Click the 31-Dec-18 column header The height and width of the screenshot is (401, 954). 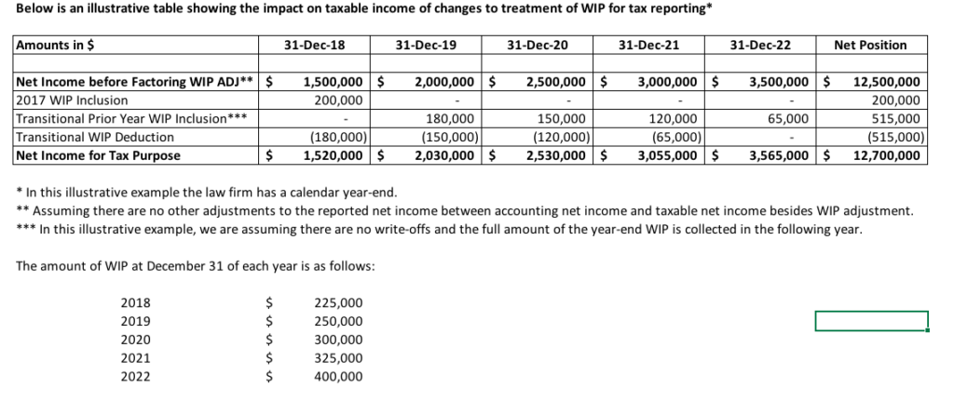[314, 45]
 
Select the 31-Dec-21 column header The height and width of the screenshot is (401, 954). [649, 45]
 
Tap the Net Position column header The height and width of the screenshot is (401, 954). [870, 45]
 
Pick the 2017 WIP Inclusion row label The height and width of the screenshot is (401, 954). [73, 100]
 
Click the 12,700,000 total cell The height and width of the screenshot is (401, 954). [887, 155]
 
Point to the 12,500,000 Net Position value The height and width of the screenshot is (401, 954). [887, 81]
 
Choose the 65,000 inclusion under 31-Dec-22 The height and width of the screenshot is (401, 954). [788, 118]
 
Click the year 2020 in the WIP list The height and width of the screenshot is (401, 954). [136, 340]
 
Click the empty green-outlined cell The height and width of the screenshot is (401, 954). [871, 321]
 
